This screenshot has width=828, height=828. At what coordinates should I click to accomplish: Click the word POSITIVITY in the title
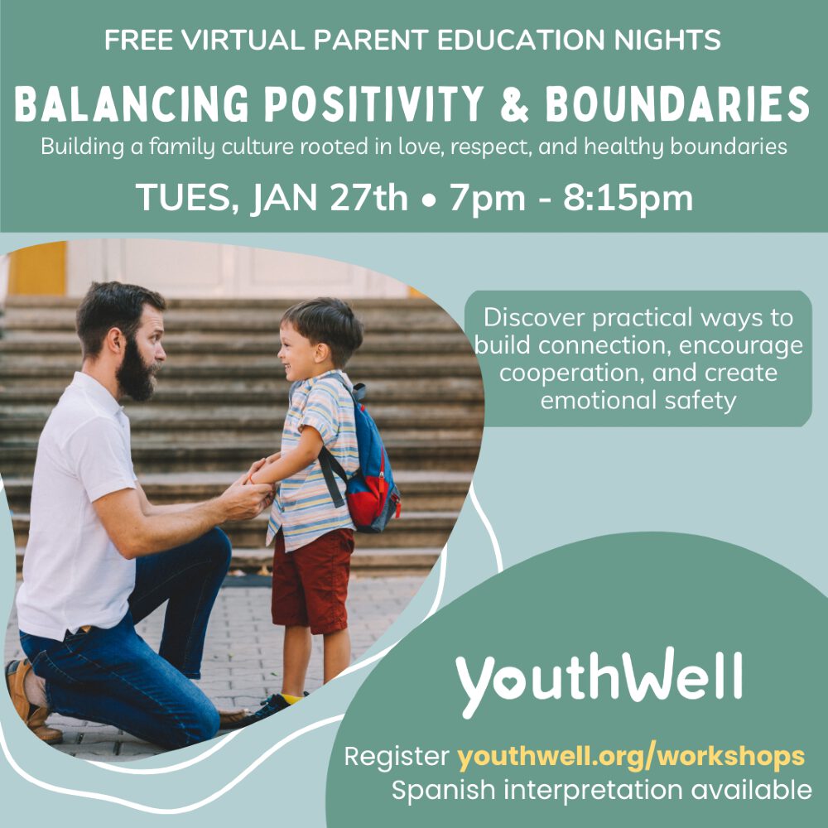pos(373,104)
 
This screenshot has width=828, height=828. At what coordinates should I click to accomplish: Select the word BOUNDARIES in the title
pos(677,104)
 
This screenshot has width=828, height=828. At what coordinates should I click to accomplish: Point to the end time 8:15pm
pos(628,200)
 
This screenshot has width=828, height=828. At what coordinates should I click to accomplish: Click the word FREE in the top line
pos(138,40)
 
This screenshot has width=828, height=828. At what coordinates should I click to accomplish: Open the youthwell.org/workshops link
pos(631,757)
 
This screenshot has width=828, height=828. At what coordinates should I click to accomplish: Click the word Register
pos(397,758)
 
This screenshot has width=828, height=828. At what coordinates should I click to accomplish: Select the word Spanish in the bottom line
pos(444,791)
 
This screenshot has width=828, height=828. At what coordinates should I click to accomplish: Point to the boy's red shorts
pos(312,580)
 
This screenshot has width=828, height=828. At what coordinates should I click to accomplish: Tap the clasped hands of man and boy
pos(255,489)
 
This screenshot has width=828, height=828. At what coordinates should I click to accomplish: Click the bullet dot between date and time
pos(429,201)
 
